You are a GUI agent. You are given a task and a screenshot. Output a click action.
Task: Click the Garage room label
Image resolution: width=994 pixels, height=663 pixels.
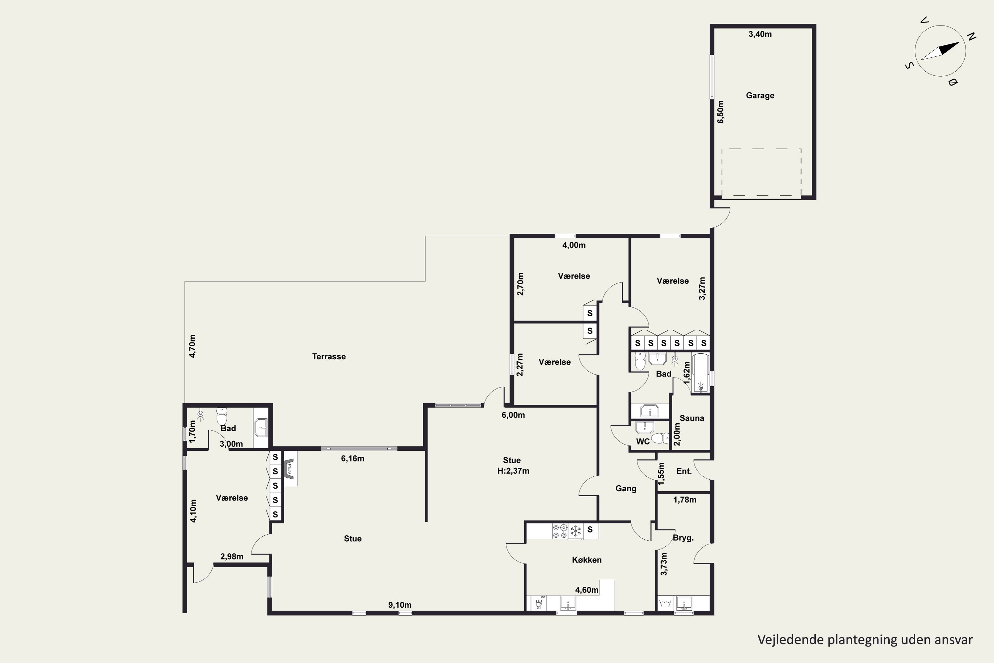[760, 95]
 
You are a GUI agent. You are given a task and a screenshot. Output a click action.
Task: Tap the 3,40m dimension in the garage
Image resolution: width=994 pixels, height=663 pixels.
[760, 34]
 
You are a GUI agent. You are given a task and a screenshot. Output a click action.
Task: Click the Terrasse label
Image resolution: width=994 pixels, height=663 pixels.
[329, 356]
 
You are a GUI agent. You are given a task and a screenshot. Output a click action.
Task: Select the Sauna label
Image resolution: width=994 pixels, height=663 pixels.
[692, 418]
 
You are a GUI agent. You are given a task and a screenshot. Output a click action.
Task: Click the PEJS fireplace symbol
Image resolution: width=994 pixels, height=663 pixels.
[290, 468]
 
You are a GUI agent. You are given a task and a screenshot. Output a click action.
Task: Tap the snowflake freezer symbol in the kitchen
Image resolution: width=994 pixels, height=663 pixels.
[575, 531]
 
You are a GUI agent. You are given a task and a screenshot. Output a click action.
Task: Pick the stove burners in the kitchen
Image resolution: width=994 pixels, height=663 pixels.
[560, 531]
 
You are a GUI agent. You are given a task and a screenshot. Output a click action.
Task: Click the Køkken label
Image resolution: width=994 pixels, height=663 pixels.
[586, 560]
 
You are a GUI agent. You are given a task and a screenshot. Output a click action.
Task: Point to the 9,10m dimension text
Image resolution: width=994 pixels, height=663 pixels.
[400, 605]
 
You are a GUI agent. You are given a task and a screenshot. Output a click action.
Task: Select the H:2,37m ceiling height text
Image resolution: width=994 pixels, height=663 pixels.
[513, 471]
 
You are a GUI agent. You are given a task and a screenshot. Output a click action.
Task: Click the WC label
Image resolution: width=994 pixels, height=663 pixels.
[643, 442]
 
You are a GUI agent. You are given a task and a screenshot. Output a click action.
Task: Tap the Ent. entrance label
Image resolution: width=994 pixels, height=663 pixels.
[684, 471]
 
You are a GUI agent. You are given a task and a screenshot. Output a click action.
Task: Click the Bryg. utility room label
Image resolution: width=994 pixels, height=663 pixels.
[683, 538]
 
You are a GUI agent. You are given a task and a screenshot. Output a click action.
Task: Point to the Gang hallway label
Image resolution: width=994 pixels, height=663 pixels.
[626, 489]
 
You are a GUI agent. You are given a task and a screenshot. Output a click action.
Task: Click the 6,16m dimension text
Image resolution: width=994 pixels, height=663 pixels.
[353, 458]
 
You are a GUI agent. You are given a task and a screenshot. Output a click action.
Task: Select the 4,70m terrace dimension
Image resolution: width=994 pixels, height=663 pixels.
[192, 346]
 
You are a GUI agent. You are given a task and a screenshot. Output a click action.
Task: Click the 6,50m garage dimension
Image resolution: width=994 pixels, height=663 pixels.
[721, 112]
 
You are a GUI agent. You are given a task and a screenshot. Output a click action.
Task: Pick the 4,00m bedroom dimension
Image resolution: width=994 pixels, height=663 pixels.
[574, 245]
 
